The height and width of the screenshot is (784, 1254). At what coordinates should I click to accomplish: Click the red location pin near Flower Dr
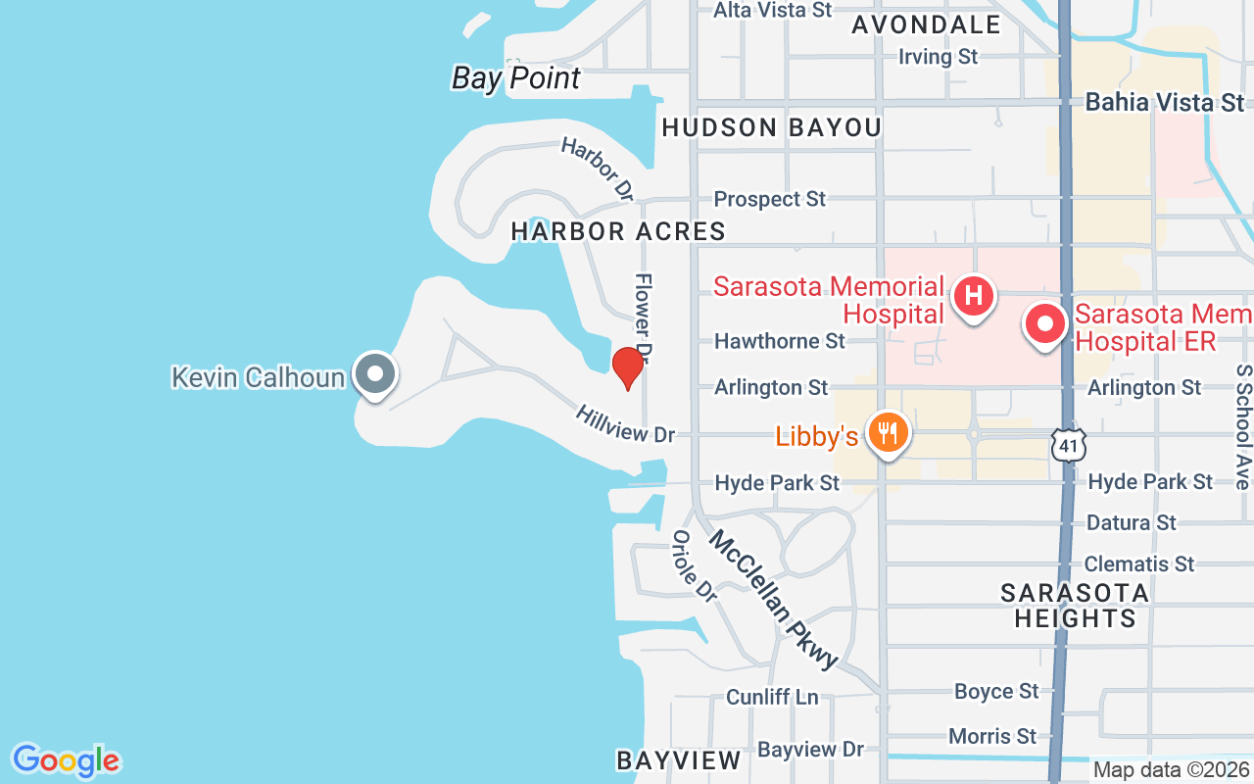[x=627, y=367]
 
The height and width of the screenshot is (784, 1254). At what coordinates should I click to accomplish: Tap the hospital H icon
[x=974, y=295]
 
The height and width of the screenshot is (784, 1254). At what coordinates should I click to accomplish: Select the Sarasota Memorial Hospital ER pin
[x=1045, y=323]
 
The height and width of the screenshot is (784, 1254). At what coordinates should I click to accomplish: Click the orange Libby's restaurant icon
[x=888, y=431]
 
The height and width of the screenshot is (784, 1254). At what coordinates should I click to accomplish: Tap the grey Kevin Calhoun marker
[x=374, y=373]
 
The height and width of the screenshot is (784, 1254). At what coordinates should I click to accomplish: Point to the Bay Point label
[x=516, y=78]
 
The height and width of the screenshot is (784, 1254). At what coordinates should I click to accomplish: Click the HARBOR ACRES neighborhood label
[x=618, y=231]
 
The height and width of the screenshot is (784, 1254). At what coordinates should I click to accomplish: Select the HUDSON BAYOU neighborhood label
[x=772, y=127]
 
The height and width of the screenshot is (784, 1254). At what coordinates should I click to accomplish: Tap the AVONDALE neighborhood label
[x=926, y=24]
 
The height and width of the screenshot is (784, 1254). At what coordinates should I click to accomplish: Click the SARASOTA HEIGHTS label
[x=1075, y=606]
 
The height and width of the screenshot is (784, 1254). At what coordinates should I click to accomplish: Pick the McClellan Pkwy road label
[x=774, y=599]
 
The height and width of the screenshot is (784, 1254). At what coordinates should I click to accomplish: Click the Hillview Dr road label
[x=626, y=423]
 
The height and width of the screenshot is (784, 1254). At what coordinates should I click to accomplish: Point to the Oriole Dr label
[x=694, y=565]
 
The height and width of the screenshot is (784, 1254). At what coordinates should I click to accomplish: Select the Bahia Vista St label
[x=1165, y=102]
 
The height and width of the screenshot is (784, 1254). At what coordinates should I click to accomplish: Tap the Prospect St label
[x=770, y=199]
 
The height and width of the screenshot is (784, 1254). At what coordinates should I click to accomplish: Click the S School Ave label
[x=1242, y=427]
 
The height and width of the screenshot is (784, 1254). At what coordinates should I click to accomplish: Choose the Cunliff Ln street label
[x=772, y=697]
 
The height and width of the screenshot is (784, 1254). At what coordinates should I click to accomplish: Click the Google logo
[x=66, y=760]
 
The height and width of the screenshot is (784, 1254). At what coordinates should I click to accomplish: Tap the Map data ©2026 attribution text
[x=1171, y=770]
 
